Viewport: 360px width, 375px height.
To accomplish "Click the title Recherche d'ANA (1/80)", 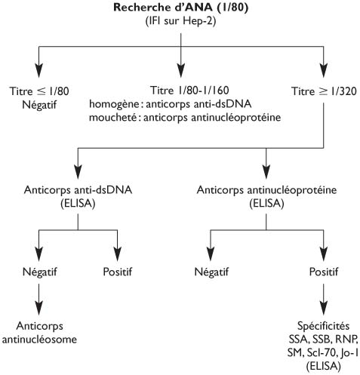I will (x=180, y=8).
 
